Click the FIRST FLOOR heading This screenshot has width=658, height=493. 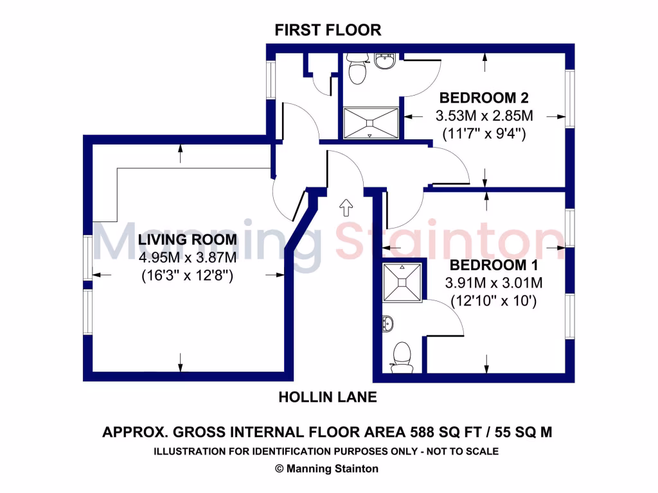328,30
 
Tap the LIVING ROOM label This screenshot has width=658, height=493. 188,240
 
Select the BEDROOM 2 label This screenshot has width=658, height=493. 483,98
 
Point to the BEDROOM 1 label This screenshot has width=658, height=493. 493,265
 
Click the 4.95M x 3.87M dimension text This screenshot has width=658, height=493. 188,258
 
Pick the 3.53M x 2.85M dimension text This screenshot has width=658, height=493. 485,116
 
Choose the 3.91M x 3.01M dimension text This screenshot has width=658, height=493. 494,282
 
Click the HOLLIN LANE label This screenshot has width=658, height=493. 327,397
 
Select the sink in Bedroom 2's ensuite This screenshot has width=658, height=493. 385,62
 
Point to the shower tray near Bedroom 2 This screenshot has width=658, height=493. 371,122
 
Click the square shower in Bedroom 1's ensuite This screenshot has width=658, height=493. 402,282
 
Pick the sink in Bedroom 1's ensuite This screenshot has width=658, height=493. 389,322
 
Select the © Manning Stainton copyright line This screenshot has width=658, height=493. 327,469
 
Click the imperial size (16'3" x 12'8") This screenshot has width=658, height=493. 187,277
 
